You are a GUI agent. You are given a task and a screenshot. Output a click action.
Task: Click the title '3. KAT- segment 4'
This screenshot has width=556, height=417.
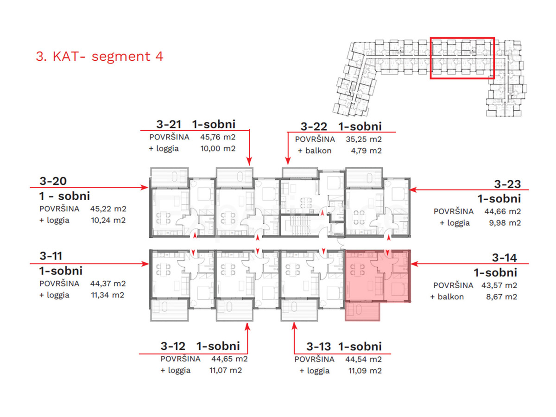pos(99,56)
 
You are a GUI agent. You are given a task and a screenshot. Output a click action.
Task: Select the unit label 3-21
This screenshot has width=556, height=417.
pos(169,124)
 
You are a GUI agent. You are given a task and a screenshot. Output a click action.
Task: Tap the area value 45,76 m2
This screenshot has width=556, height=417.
pos(218,137)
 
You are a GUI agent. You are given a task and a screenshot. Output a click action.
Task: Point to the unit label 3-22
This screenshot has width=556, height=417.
pos(314,126)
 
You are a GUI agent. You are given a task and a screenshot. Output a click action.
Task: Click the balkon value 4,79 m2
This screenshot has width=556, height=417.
pos(366,151)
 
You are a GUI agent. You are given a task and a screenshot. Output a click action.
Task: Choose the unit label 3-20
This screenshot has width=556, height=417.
pos(53,181)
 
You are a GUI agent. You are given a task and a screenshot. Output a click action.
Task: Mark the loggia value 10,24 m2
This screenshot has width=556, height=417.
pos(108,220)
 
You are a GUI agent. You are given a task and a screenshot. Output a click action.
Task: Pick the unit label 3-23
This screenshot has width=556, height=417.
pos(507,184)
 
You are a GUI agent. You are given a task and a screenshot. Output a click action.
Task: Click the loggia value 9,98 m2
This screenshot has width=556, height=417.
pos(505,223)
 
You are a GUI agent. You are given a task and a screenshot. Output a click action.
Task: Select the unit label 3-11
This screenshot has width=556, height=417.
pos(51,256)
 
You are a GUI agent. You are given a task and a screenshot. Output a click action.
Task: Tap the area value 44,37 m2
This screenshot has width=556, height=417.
pos(108,284)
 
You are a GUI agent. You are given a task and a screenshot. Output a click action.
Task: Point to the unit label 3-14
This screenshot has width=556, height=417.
pos(504,258)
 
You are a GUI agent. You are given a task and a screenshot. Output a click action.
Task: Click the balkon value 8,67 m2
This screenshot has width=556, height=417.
pos(501,297)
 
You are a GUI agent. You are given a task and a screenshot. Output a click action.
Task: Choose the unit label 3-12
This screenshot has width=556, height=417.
pos(173,346)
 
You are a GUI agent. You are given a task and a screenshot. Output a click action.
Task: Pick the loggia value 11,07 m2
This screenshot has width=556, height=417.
pos(226,370)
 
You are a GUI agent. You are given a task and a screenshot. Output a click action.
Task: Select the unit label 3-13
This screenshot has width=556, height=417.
pos(318,347)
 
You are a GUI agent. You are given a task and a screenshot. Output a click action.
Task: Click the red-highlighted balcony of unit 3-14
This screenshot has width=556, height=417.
pos(362,311)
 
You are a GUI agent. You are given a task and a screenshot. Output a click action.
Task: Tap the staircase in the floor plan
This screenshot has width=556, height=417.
pos(296,226)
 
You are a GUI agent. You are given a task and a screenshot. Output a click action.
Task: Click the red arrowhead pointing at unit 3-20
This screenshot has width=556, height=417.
pos(145,187)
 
